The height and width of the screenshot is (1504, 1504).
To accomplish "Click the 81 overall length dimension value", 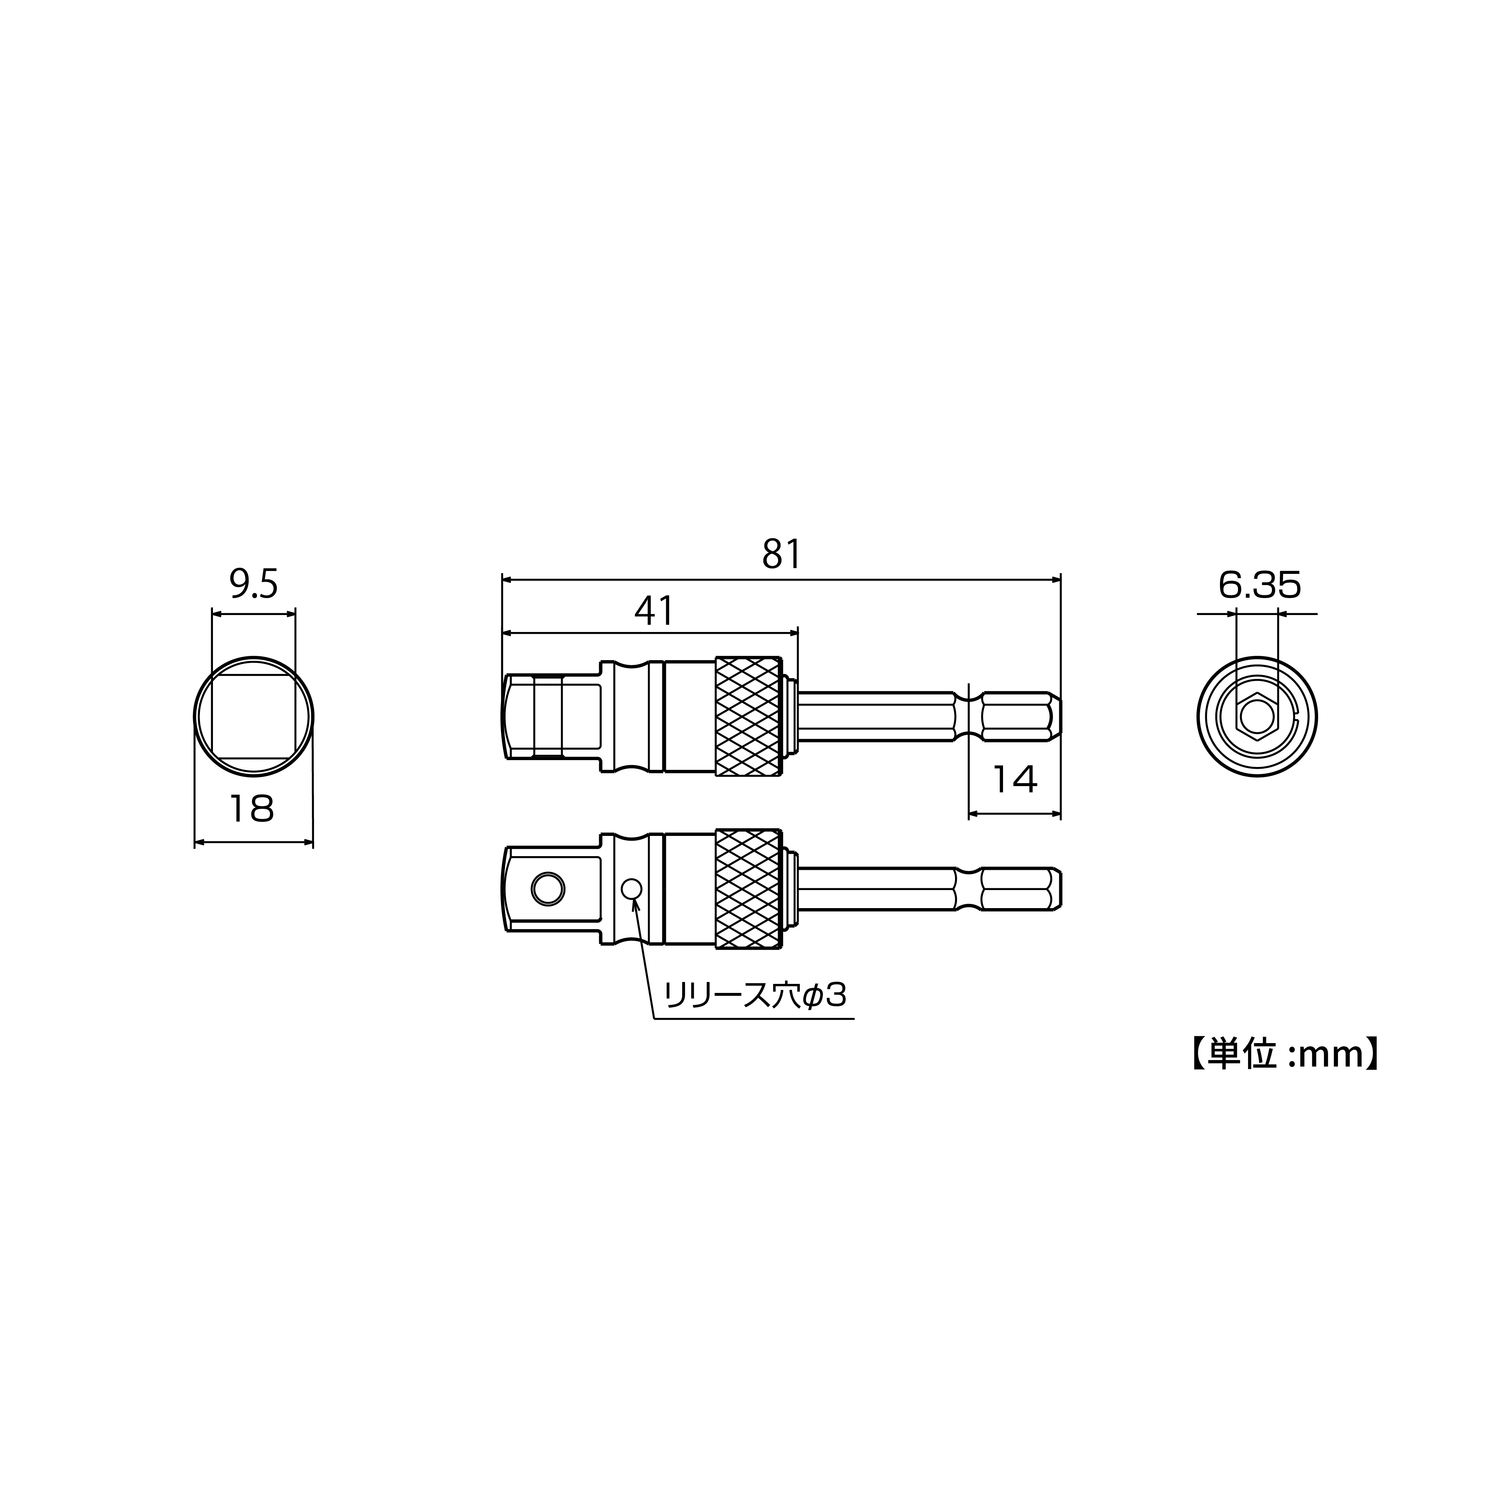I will pos(781,554).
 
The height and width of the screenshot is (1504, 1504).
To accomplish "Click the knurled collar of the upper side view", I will pos(747,716).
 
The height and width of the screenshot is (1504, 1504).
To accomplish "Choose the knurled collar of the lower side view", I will pos(747,888).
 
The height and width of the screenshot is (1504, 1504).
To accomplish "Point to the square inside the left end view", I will pos(254,716).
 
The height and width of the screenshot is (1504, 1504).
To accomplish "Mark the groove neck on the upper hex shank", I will pos(968,716).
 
